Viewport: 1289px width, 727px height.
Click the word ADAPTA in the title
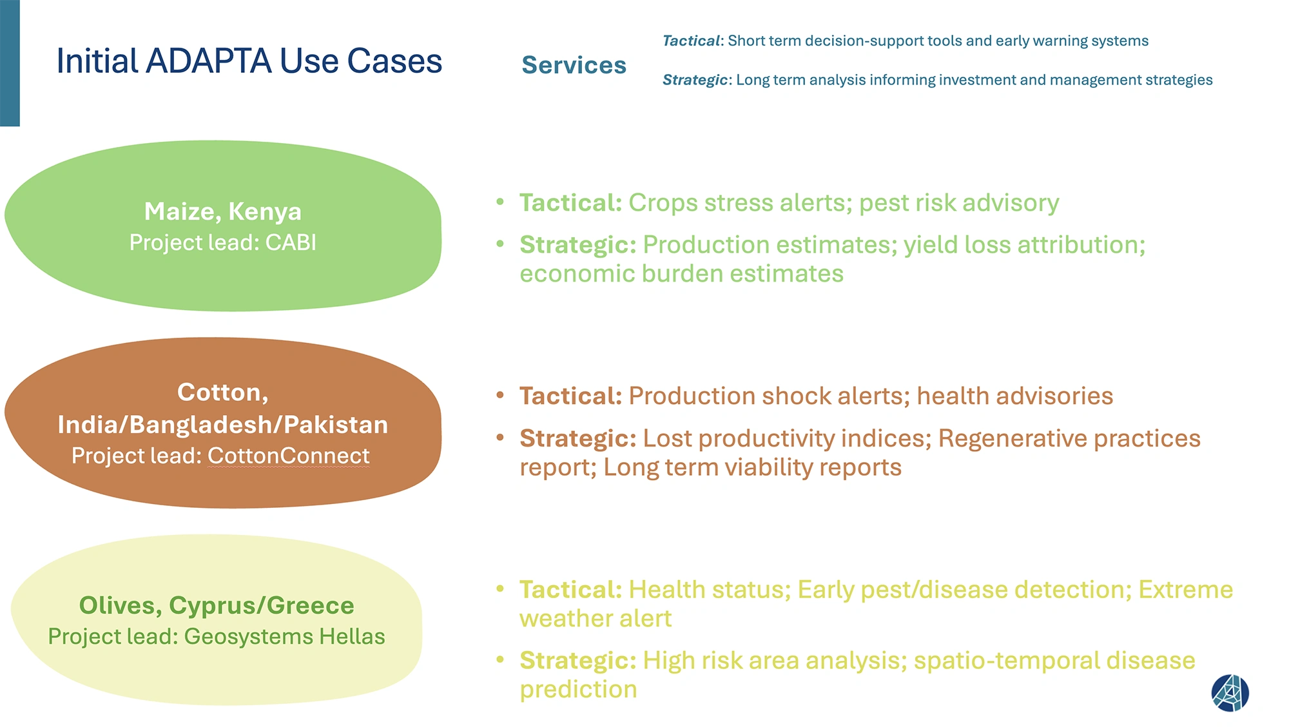pos(209,61)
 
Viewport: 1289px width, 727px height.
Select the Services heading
pos(574,65)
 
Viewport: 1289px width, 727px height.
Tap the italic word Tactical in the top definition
pos(691,41)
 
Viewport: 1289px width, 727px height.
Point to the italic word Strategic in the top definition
pos(695,80)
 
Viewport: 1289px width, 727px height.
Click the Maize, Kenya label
pos(223,211)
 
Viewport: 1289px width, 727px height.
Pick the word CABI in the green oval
pos(291,242)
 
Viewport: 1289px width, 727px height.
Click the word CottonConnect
pos(289,456)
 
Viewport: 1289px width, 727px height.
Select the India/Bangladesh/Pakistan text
pos(223,425)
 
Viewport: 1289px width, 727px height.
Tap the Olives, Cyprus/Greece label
pos(217,606)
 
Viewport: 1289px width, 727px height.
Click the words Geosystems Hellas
pos(284,636)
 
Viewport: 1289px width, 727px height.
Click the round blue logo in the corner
pos(1230,693)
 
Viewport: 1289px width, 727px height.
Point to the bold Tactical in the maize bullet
pos(570,203)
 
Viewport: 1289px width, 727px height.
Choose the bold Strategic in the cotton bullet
pos(578,439)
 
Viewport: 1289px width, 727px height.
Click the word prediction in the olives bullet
pos(578,690)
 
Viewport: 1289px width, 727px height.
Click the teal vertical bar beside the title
pos(10,63)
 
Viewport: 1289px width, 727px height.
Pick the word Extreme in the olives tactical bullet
pos(1186,590)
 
